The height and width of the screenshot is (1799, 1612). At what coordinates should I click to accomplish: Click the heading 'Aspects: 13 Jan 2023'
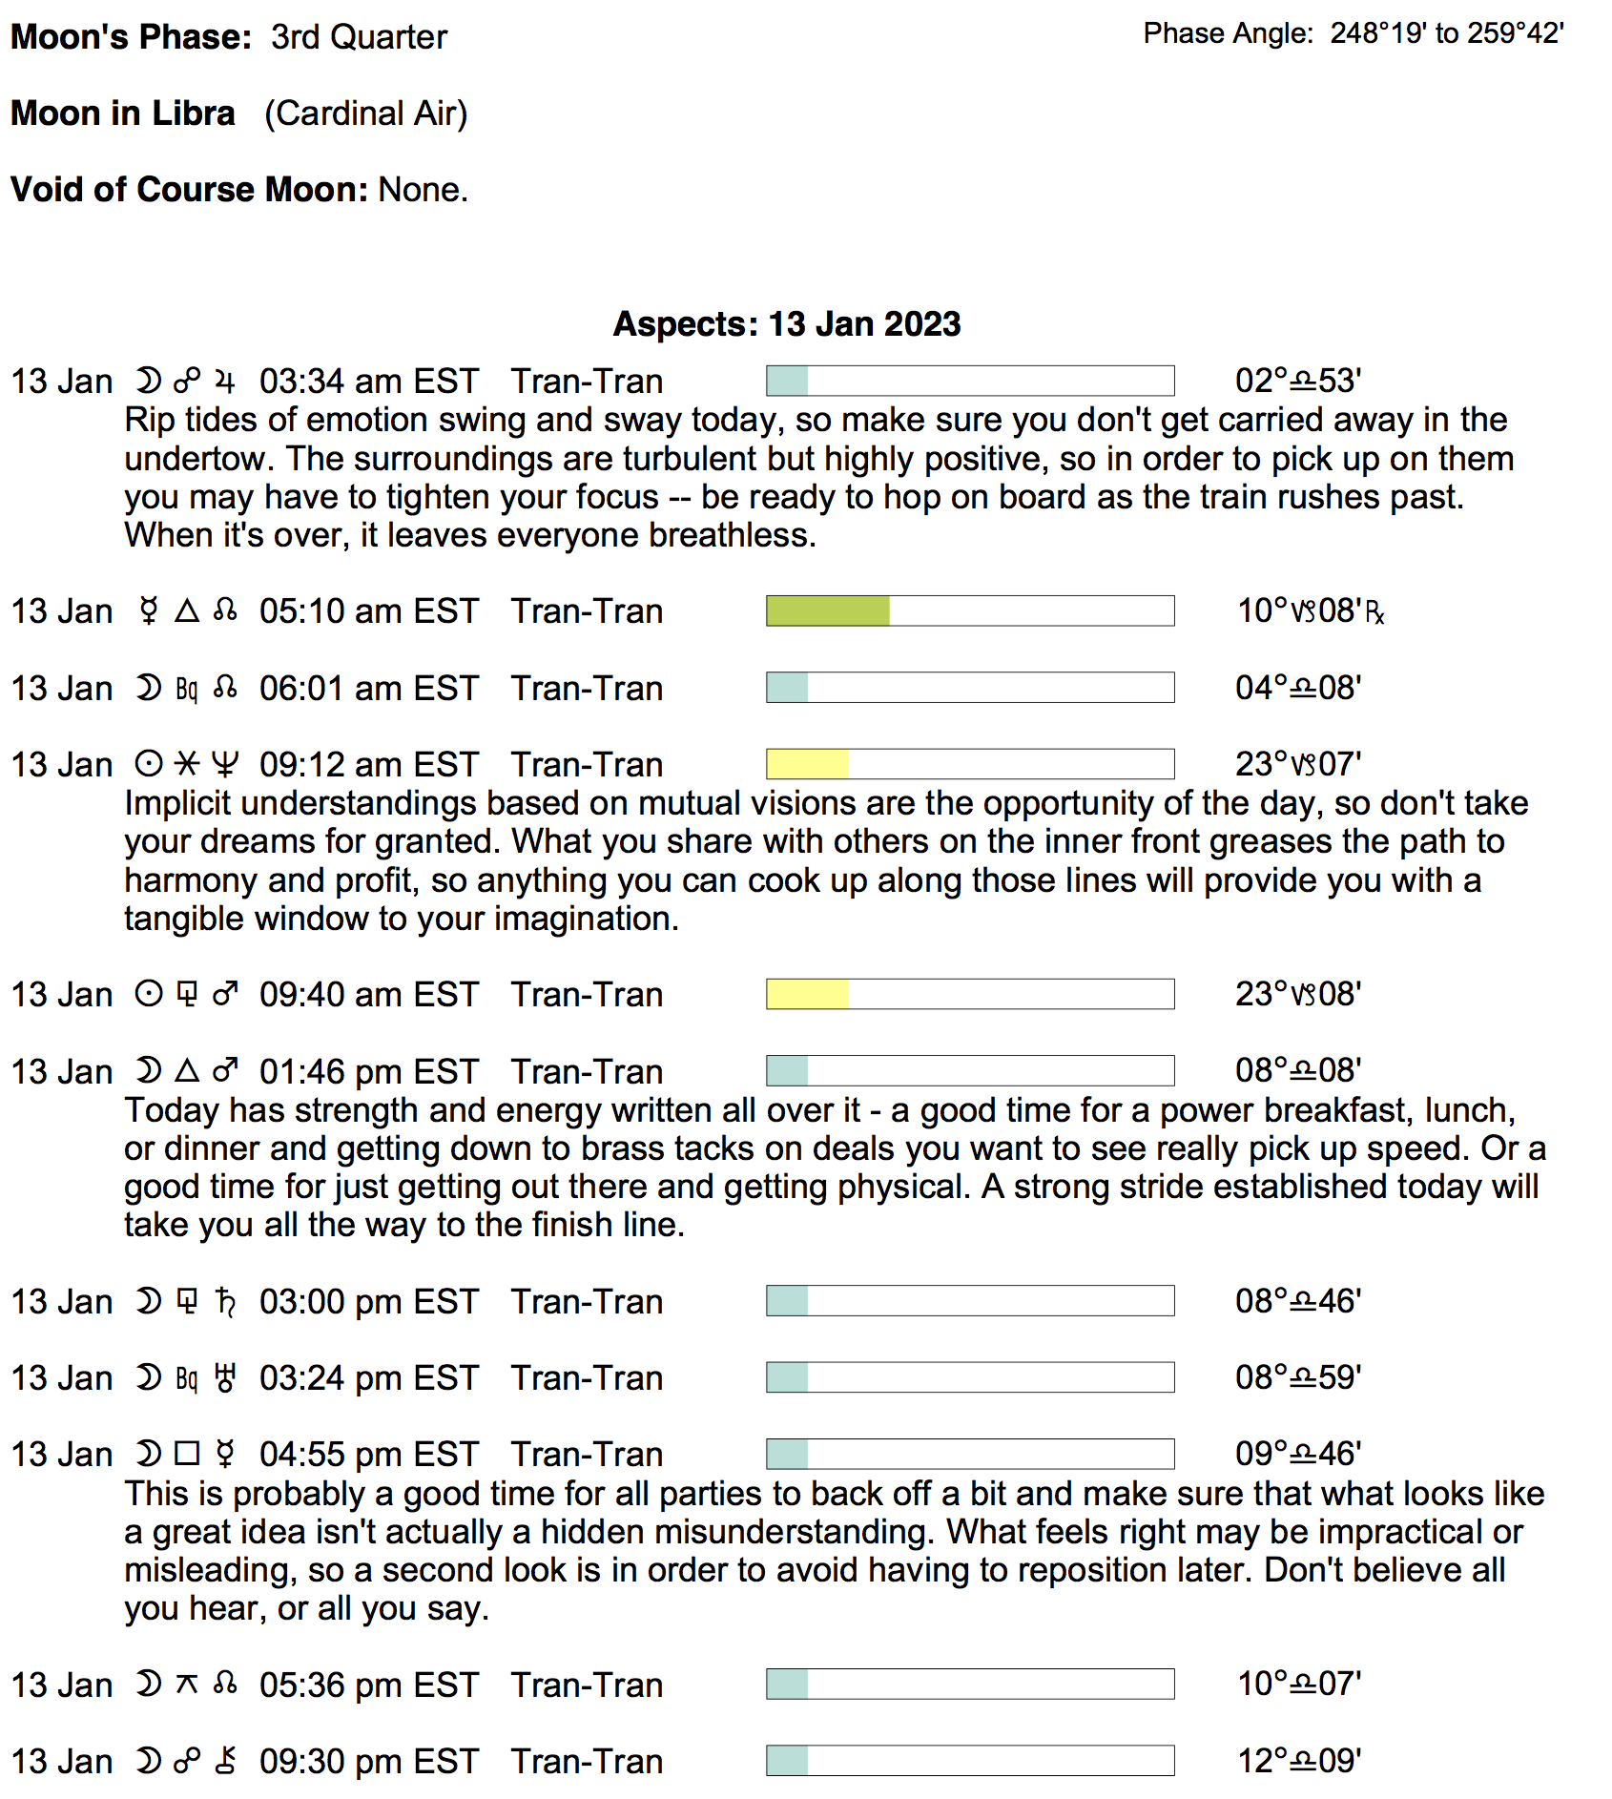point(786,324)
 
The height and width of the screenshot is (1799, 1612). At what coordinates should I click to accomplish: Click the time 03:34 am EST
point(368,382)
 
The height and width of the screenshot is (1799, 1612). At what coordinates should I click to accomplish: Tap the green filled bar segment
point(827,611)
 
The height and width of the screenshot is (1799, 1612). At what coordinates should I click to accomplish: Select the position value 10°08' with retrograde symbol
point(1310,611)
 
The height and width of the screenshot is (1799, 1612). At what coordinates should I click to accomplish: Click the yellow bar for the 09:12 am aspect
point(807,765)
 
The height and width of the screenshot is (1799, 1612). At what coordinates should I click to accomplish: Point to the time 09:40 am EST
point(368,995)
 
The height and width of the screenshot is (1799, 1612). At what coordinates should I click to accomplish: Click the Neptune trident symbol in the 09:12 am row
point(225,765)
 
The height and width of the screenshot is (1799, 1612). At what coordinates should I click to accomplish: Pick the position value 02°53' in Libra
point(1297,382)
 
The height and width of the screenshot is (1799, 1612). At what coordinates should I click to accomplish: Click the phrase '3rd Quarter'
point(359,37)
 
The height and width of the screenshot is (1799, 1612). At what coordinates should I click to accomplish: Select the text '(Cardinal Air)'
point(366,114)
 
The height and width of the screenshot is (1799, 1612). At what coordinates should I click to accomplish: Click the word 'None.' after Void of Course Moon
point(423,190)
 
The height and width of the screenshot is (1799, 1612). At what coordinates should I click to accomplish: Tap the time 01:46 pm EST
point(368,1072)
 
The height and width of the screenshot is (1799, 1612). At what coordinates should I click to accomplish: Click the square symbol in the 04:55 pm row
point(187,1454)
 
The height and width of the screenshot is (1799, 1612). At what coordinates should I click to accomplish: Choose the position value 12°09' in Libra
point(1298,1761)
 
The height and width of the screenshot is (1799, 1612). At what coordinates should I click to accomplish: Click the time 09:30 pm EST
point(368,1762)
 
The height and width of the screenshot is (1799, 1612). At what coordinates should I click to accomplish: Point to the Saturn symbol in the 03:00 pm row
point(225,1301)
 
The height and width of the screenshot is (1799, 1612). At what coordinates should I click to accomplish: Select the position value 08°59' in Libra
point(1297,1378)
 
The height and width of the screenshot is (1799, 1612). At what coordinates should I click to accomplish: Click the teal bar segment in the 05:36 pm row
point(787,1685)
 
